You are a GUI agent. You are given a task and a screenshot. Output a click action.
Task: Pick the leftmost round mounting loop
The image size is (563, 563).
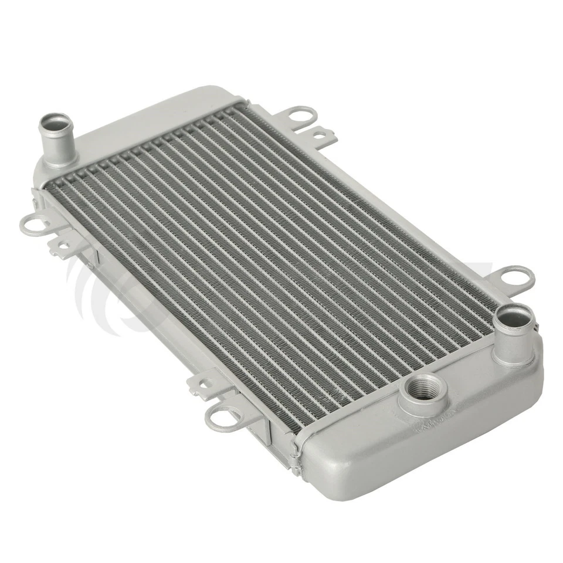pos(33,223)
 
